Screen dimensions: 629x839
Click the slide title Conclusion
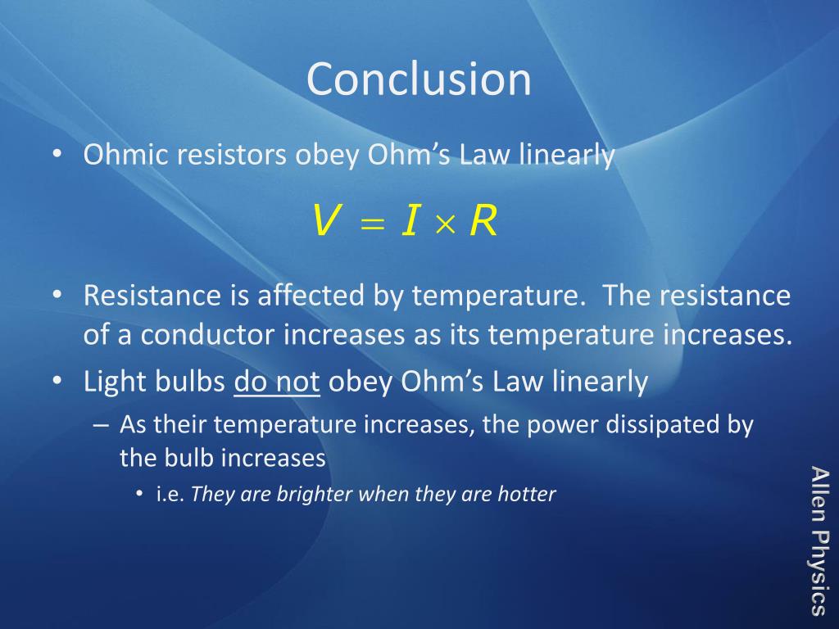(x=419, y=79)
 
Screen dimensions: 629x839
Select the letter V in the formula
(x=324, y=222)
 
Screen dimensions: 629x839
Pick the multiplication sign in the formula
(x=442, y=224)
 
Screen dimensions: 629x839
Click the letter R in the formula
(x=483, y=222)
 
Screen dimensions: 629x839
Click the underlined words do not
(x=276, y=382)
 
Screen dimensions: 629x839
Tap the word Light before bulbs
(x=115, y=382)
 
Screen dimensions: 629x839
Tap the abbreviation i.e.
(x=170, y=495)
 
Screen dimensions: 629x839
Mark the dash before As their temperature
(x=101, y=425)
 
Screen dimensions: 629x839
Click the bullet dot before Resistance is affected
(x=57, y=296)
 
